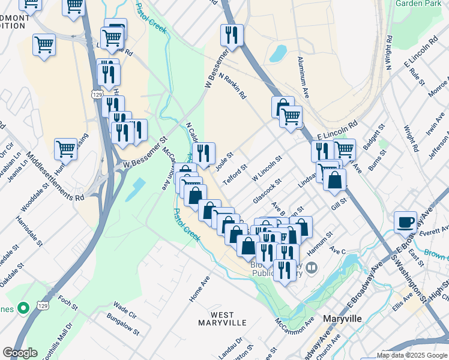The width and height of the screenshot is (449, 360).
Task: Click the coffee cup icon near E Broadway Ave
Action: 406,221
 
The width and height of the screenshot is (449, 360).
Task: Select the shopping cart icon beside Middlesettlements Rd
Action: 66,148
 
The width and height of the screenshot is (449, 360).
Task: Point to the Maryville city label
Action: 342,319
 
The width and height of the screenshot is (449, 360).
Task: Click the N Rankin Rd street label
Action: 234,86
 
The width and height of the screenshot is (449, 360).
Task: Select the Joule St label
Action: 224,162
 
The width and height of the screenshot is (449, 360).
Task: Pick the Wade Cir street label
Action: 125,308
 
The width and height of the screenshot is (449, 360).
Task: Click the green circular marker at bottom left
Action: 23,308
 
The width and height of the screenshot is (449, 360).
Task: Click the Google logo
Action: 20,353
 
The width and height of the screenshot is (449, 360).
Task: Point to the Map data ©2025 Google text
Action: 412,355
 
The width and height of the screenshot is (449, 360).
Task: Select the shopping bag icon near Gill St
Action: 334,179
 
